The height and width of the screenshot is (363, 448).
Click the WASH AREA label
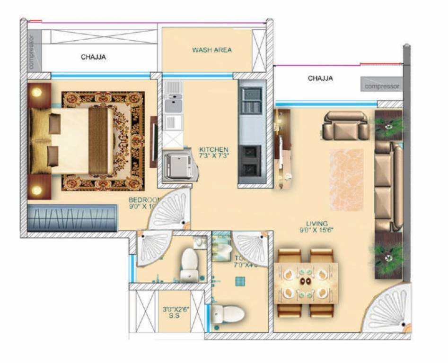pos(211,50)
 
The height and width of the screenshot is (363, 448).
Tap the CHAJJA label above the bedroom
pos(93,57)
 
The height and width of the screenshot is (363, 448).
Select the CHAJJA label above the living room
pos(320,78)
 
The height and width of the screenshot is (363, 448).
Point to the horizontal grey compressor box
pos(382,86)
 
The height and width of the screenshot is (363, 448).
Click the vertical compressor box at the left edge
pos(33,51)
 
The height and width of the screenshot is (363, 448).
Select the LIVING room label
pos(316,224)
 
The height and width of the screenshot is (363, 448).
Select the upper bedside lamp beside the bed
pos(37,92)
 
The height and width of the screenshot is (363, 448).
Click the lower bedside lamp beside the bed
pos(37,190)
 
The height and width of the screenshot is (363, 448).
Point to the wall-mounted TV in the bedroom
pos(154,141)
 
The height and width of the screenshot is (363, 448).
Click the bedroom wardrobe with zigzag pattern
pos(72,218)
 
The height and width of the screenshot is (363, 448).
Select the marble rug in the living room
pos(346,180)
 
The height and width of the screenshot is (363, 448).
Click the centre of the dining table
pos(306,282)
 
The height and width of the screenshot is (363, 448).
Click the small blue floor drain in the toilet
pos(240,281)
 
